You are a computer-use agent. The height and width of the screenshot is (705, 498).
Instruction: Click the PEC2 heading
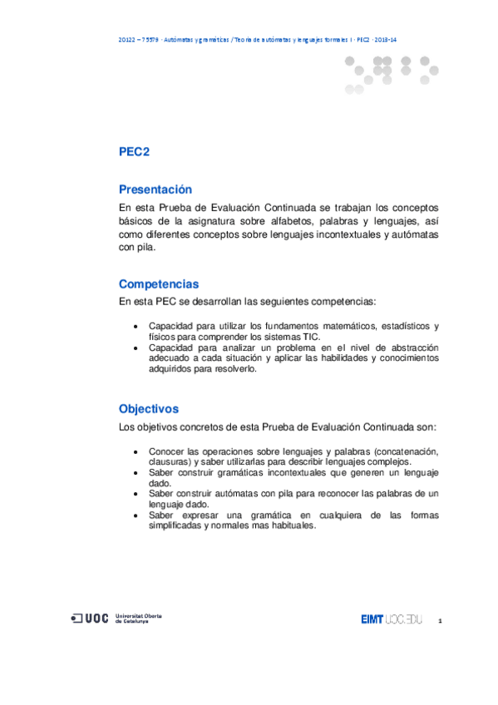[134, 152]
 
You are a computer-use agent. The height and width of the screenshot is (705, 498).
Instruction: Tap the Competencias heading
[159, 284]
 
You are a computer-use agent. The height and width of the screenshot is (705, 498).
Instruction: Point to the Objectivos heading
[149, 409]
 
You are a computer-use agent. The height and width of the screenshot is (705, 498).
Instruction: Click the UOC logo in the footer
[90, 619]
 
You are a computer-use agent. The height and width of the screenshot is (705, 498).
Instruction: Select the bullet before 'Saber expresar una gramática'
[136, 515]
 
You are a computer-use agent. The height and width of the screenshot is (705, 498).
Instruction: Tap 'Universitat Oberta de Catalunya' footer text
[138, 619]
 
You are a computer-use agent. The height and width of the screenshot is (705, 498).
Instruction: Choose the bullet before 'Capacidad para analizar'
[136, 347]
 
